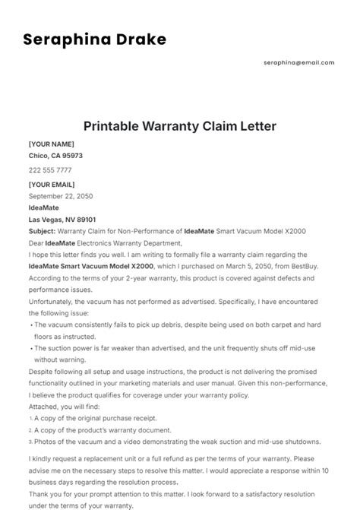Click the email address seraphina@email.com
[298, 62]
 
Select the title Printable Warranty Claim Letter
[179, 125]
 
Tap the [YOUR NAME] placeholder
[51, 144]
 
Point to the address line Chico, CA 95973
[55, 156]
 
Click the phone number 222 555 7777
[50, 170]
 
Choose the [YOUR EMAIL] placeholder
[52, 185]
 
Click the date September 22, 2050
[60, 195]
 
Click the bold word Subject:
[42, 231]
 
